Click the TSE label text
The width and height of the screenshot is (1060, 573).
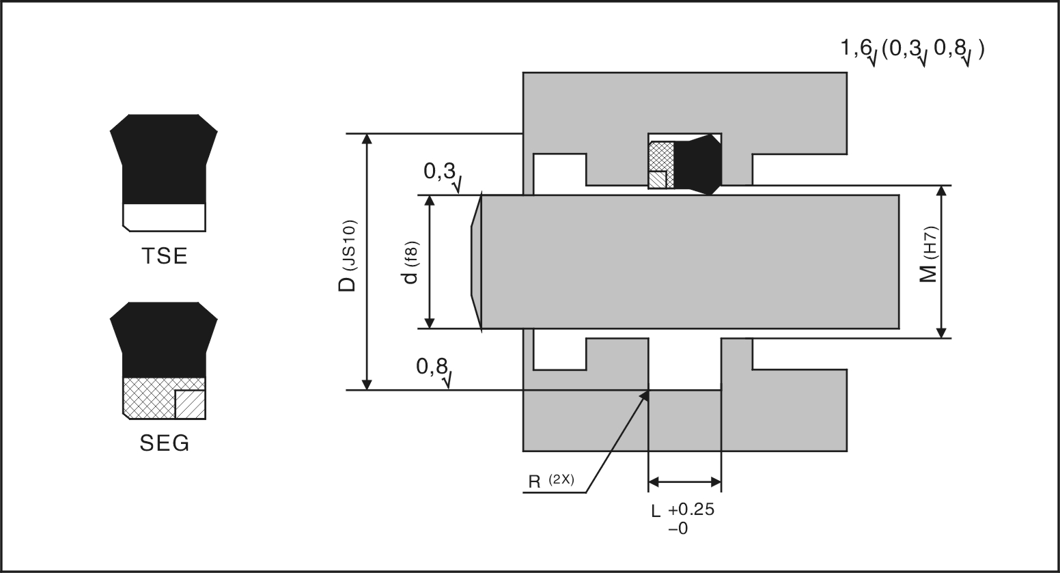(164, 256)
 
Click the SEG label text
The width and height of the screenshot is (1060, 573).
(164, 444)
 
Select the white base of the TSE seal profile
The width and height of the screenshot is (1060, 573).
(164, 216)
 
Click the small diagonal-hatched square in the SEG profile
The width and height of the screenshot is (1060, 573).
(190, 404)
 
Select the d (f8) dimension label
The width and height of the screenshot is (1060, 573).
(410, 262)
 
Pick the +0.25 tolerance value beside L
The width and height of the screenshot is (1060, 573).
(691, 510)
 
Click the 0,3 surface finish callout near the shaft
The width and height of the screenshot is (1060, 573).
(439, 172)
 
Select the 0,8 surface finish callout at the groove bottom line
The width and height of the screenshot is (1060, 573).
(432, 367)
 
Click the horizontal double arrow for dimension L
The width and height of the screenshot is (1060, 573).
(684, 482)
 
